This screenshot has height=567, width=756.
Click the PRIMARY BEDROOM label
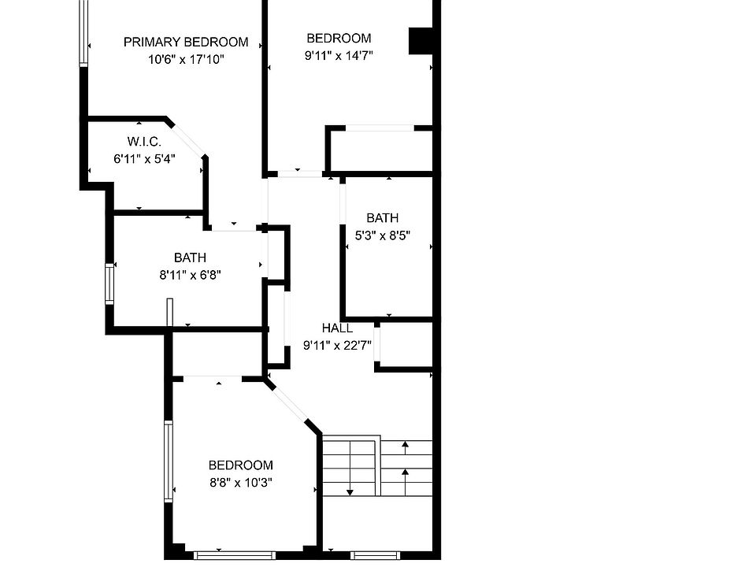186,42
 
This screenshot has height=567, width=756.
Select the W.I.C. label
144,142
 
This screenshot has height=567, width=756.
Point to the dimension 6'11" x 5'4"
144,158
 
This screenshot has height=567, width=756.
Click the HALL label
337,328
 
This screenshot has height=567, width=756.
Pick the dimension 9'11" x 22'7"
337,344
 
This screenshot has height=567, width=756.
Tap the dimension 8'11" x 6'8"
190,275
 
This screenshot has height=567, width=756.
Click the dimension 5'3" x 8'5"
382,235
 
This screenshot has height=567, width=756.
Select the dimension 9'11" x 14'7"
339,55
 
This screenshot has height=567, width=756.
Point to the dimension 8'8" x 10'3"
240,482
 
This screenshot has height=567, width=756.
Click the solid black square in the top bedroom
421,41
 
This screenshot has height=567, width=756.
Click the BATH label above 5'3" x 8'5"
382,218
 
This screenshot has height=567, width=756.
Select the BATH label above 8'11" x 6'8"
190,258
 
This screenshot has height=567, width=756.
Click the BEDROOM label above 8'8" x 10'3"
240,465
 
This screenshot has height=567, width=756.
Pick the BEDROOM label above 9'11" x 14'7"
339,38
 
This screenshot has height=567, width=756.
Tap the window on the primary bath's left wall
109,283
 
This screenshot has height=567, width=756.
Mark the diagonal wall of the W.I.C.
187,139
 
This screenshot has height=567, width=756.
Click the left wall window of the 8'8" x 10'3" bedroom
168,461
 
